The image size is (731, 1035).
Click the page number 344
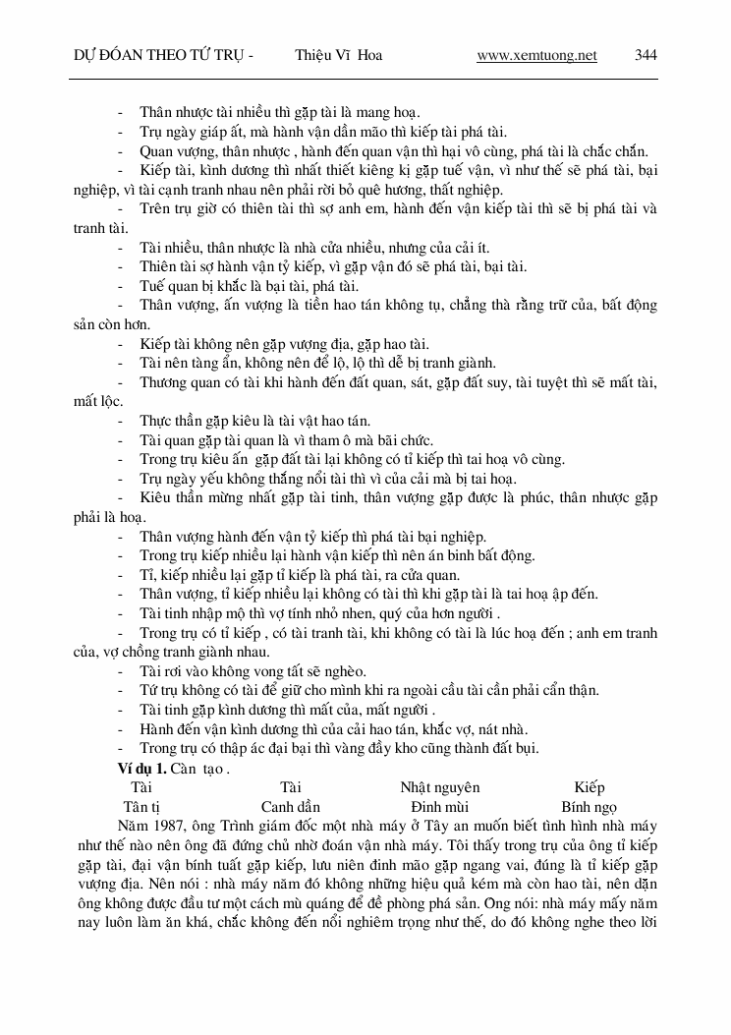click(646, 56)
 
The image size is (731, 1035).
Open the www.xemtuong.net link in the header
click(536, 56)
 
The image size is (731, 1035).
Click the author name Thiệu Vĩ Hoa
click(338, 56)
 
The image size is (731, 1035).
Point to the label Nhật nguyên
click(439, 787)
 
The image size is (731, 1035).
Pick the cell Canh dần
click(290, 806)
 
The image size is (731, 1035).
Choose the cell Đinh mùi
click(439, 806)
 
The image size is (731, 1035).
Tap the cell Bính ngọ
click(589, 806)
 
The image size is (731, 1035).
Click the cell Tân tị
click(142, 806)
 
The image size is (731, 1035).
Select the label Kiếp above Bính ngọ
click(590, 787)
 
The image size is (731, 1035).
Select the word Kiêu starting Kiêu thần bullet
click(157, 497)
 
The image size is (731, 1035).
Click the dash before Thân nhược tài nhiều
click(122, 112)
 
